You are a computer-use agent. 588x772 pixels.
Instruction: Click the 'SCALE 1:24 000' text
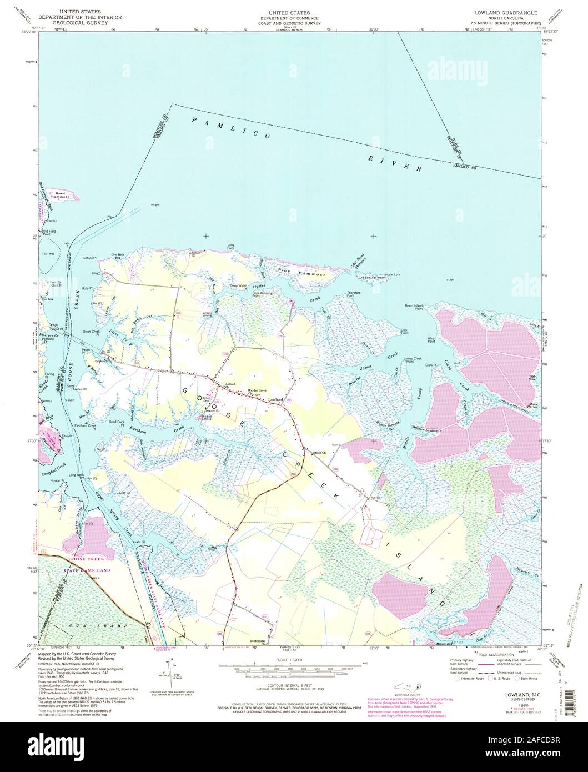294,659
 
